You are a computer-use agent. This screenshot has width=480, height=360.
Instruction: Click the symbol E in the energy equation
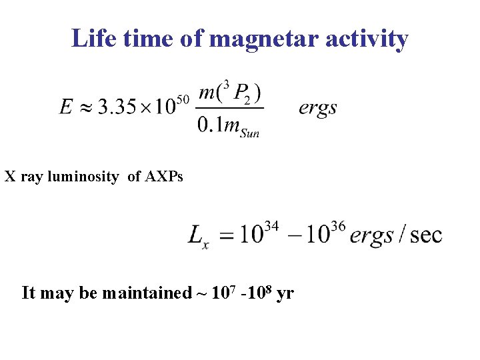click(66, 107)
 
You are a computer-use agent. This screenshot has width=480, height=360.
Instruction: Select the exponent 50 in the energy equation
click(184, 99)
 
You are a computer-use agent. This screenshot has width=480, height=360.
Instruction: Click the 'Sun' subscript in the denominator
click(249, 132)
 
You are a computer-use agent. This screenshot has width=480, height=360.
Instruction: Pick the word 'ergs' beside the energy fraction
click(318, 107)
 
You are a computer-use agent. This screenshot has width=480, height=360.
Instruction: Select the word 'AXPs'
click(163, 177)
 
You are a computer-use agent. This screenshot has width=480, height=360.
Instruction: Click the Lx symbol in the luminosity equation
click(198, 236)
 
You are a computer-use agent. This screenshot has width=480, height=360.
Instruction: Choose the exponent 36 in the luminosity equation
click(337, 227)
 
